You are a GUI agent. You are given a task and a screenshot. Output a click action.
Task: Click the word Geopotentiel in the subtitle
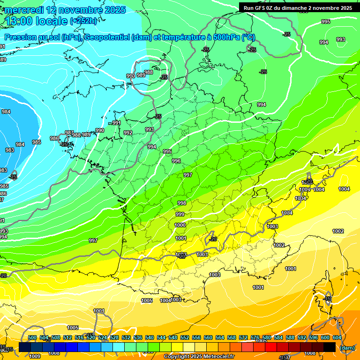click(106, 37)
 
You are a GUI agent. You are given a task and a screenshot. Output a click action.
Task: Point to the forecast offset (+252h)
click(84, 21)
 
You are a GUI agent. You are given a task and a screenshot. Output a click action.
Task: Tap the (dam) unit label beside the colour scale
click(347, 348)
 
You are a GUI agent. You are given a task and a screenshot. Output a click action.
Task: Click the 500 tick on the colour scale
click(32, 338)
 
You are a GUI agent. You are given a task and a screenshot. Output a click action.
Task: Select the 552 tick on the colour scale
click(185, 338)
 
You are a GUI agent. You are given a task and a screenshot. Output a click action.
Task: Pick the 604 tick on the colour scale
click(337, 338)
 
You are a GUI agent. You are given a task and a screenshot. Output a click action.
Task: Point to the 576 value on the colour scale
click(255, 338)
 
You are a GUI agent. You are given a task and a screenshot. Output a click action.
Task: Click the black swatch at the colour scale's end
click(330, 347)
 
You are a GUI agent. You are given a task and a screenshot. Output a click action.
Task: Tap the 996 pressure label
click(176, 161)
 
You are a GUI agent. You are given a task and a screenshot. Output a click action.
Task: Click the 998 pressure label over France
click(182, 203)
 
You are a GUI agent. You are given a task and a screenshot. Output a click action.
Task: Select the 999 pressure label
click(180, 214)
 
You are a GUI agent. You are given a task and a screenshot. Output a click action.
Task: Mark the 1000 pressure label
click(180, 225)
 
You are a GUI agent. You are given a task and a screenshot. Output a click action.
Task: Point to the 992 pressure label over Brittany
click(128, 133)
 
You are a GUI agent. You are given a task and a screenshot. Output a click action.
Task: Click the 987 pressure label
click(69, 133)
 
